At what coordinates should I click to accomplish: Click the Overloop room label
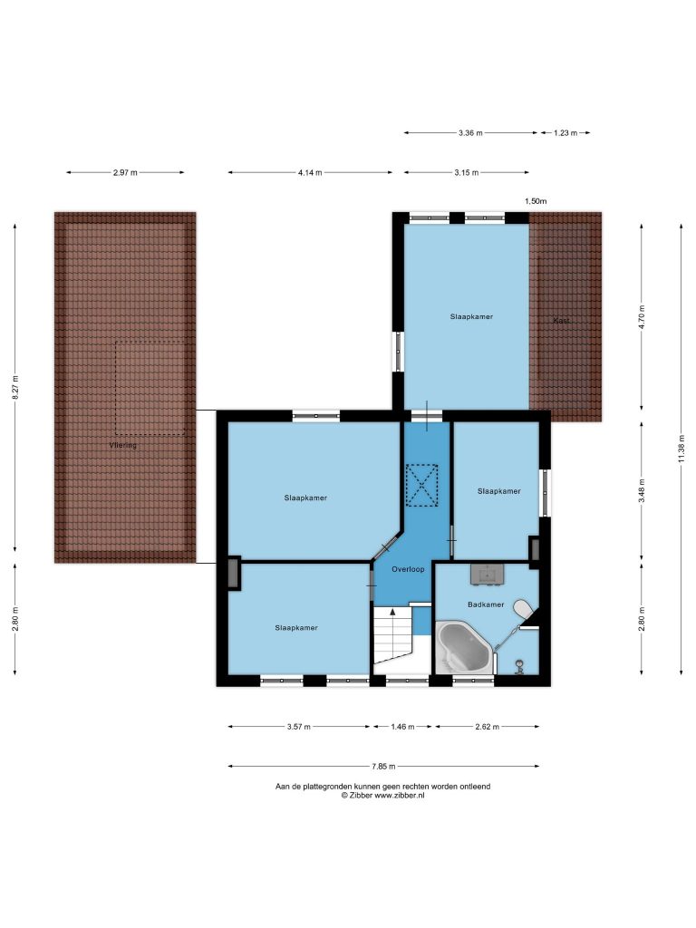click(x=408, y=569)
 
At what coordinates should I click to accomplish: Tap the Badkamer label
click(x=486, y=604)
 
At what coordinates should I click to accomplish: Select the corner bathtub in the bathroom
click(x=464, y=646)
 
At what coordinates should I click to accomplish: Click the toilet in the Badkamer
click(x=522, y=609)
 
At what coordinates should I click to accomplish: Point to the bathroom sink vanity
click(x=487, y=574)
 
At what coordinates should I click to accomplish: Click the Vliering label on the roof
click(x=122, y=445)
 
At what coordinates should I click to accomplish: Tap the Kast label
click(x=561, y=321)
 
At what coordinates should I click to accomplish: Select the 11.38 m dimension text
click(x=681, y=449)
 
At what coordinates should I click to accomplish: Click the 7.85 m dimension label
click(x=383, y=767)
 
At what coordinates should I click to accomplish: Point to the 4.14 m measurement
click(x=310, y=173)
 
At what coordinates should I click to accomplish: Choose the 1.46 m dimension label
click(x=402, y=727)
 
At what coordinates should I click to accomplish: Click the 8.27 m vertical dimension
click(x=16, y=388)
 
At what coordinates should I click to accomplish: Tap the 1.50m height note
click(x=536, y=201)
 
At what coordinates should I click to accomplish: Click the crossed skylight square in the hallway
click(x=421, y=486)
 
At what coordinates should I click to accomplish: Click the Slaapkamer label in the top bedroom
click(x=471, y=316)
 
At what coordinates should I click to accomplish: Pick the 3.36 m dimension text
click(x=470, y=133)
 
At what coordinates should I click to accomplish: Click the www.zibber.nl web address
click(x=400, y=796)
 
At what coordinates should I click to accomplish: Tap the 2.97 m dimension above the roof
click(x=125, y=173)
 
